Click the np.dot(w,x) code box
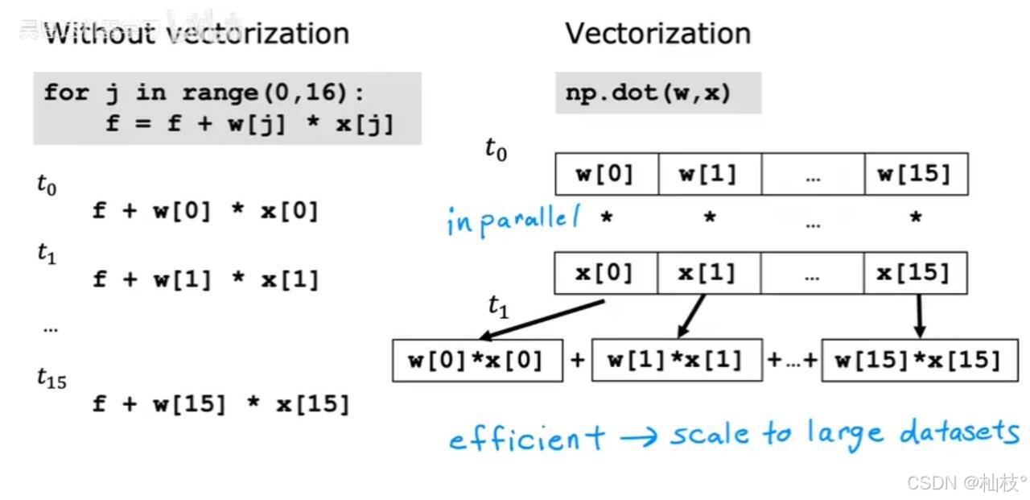[657, 93]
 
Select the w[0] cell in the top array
[606, 174]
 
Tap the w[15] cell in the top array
[915, 174]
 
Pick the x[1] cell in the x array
[707, 274]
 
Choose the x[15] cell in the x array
[915, 274]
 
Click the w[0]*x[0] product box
[477, 360]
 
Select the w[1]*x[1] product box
[676, 359]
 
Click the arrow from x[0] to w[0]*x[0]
[541, 320]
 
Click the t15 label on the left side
[51, 378]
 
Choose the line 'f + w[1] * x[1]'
[206, 279]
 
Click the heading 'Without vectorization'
[196, 34]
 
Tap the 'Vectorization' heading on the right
[657, 34]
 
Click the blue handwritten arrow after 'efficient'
[638, 437]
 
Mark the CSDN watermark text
[966, 482]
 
